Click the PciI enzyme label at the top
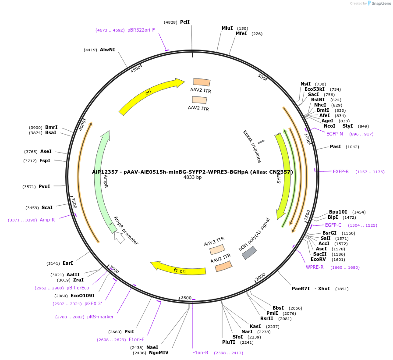click(x=184, y=22)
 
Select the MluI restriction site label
click(x=227, y=29)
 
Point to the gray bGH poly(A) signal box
click(x=249, y=253)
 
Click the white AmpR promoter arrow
click(x=119, y=238)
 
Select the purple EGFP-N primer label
click(x=334, y=134)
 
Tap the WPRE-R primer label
click(x=315, y=267)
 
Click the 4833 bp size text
click(x=192, y=178)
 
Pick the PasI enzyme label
click(x=335, y=146)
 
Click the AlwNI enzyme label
click(x=107, y=50)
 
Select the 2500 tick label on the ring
click(x=186, y=298)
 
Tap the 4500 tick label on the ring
click(x=135, y=68)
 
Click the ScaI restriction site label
click(x=47, y=207)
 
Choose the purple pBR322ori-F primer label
click(x=141, y=30)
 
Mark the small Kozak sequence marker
click(x=261, y=142)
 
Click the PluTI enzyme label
click(x=229, y=342)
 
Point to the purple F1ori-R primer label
click(x=200, y=353)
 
